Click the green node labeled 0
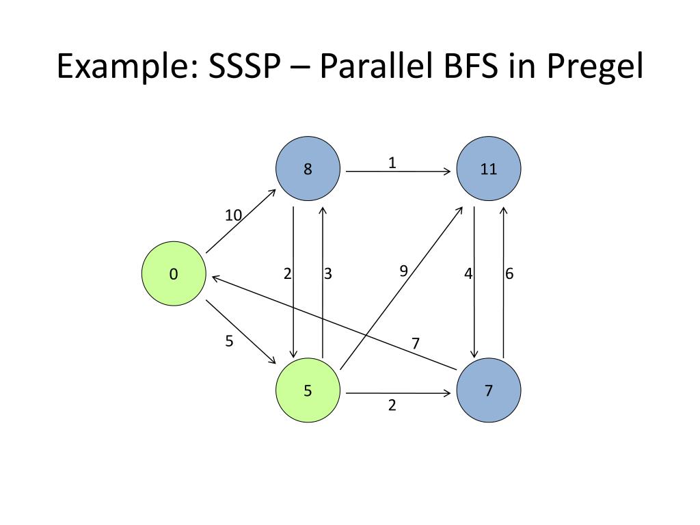click(174, 274)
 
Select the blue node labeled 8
click(308, 169)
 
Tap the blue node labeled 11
click(488, 169)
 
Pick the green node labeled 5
click(308, 391)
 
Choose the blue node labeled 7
click(488, 391)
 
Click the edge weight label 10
click(234, 215)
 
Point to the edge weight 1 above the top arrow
click(392, 163)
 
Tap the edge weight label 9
click(403, 271)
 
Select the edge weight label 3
click(328, 274)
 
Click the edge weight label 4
click(468, 274)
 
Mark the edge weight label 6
click(509, 274)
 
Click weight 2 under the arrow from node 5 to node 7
click(392, 405)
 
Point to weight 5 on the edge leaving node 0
click(229, 341)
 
